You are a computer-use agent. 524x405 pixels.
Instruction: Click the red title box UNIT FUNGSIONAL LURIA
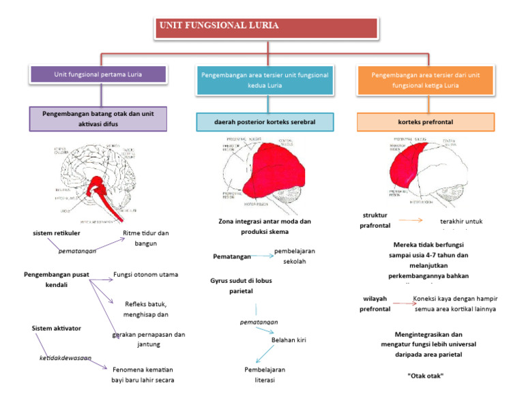click(261, 27)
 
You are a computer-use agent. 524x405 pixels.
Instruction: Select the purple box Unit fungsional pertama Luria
click(98, 74)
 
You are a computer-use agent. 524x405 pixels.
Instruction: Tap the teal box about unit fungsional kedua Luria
click(265, 80)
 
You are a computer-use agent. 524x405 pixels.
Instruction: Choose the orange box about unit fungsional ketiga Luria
click(426, 80)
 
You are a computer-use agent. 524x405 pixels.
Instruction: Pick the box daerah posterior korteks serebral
click(265, 122)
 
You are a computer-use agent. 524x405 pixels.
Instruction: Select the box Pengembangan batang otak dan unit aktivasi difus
click(98, 117)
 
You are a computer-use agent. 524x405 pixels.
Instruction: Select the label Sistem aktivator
click(57, 328)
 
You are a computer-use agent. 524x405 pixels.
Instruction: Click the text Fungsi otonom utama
click(146, 275)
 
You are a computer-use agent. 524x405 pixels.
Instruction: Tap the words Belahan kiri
click(288, 339)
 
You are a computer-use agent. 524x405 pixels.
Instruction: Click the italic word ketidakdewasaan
click(65, 357)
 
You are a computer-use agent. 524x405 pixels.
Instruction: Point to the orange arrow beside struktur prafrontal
click(410, 220)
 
